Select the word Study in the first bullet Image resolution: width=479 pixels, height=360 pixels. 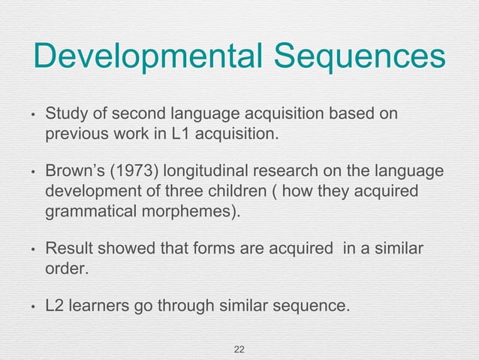(65, 116)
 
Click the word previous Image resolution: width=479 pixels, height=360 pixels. (77, 135)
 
